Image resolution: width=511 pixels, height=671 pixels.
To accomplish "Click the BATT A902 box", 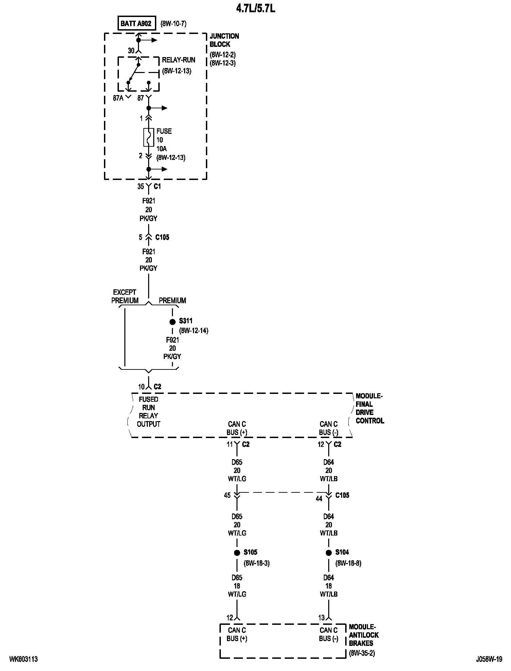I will [136, 24].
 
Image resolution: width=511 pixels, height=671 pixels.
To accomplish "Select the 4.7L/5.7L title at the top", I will [255, 8].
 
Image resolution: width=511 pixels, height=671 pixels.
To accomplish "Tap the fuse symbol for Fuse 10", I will [148, 137].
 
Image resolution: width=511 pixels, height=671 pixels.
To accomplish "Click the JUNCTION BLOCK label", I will [224, 40].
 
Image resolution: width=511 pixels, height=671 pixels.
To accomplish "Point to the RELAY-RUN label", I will [178, 60].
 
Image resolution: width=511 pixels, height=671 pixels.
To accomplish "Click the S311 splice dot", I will [172, 322].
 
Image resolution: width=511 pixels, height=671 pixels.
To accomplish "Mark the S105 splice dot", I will [237, 553].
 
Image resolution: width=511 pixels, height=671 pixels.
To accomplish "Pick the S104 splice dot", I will [329, 553].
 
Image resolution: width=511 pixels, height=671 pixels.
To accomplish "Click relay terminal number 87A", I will [118, 98].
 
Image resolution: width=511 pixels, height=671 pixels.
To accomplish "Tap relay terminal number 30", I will [131, 51].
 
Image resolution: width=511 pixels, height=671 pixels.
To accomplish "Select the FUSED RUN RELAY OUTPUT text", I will [148, 412].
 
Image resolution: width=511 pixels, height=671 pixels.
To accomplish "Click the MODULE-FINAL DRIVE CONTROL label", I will [370, 409].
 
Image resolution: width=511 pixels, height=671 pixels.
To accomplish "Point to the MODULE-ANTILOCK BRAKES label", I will [364, 635].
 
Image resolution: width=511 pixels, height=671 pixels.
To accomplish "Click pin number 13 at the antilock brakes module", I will [321, 618].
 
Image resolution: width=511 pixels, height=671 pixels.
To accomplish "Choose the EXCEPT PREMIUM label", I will [125, 296].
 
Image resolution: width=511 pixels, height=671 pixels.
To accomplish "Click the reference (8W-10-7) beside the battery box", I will [173, 24].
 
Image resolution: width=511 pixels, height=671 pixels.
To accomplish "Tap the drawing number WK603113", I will [23, 659].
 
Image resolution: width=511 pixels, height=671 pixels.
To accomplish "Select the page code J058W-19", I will [489, 659].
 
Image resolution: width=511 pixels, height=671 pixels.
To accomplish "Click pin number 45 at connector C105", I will [227, 495].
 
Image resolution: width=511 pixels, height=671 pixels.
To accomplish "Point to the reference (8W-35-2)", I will [362, 653].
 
